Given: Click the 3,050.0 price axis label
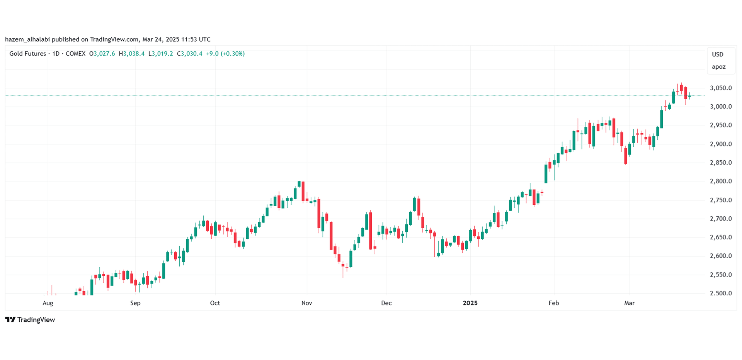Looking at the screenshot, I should tap(721, 88).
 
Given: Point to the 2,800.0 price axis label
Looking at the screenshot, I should tap(721, 181).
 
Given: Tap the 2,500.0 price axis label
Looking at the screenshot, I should tap(721, 293).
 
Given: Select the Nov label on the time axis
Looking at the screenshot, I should tap(306, 303).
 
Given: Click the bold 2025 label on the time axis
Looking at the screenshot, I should tap(470, 303).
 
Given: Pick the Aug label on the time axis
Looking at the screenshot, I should tap(48, 303).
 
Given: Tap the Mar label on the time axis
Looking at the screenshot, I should tap(629, 303).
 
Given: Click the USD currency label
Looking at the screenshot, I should tap(718, 54).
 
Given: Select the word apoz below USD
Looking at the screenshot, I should tap(718, 67).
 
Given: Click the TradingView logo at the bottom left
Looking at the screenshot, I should tap(30, 320).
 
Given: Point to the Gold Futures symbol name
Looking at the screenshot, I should tap(27, 54).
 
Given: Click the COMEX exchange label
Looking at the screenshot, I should tap(75, 54).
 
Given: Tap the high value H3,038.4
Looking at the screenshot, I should tap(132, 54).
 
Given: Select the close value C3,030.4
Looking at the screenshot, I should tap(190, 54).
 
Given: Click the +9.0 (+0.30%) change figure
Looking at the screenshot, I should tap(225, 54).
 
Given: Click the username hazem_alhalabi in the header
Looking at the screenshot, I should tap(27, 39).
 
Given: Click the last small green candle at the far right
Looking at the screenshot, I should tap(690, 96).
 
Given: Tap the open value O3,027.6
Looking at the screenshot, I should tap(102, 54).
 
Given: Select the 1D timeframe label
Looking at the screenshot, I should tap(56, 54).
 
